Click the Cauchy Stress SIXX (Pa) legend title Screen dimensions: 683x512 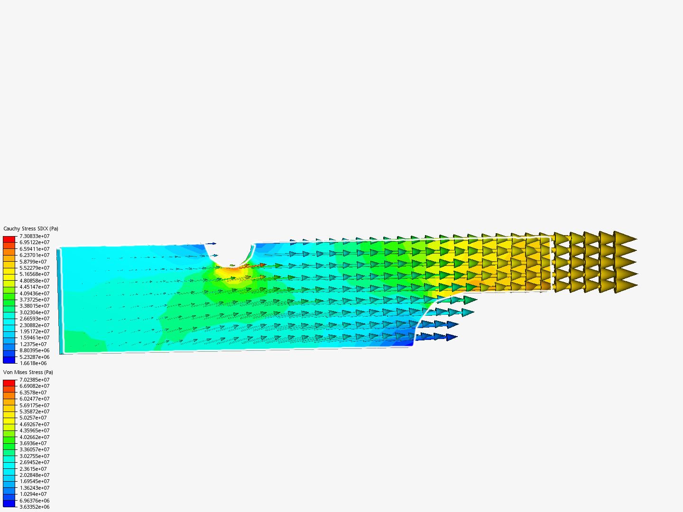(31, 229)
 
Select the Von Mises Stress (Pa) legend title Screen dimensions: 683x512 (28, 372)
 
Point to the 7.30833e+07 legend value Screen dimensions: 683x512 (35, 236)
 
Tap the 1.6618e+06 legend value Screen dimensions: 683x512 (33, 363)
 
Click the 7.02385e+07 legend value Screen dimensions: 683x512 (35, 380)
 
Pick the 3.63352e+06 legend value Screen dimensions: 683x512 (35, 507)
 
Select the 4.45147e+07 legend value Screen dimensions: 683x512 (35, 287)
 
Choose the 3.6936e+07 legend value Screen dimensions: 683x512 (33, 443)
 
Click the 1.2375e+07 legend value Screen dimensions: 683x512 (33, 344)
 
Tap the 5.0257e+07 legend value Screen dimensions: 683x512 (33, 418)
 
